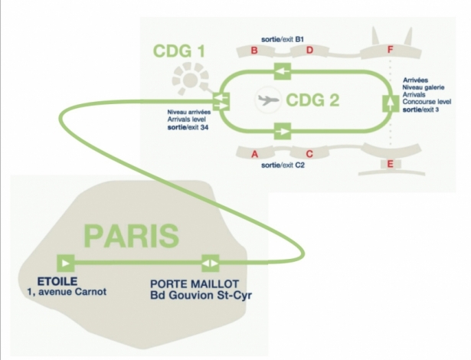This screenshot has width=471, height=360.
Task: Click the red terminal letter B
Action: point(253,51)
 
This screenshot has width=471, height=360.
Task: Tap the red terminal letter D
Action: point(309,51)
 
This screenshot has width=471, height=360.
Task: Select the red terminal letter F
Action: point(391,51)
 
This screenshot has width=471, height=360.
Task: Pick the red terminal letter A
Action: point(253,152)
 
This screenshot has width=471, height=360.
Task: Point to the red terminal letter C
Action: point(309,152)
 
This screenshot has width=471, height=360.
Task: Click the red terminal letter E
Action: point(391,164)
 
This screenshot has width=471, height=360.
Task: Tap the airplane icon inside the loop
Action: point(268,100)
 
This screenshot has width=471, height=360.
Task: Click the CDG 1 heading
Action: point(179,53)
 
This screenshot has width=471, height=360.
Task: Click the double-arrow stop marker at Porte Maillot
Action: point(209,263)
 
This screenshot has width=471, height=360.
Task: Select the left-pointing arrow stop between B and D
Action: point(282,72)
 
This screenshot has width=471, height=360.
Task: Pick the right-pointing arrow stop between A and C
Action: point(282,131)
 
